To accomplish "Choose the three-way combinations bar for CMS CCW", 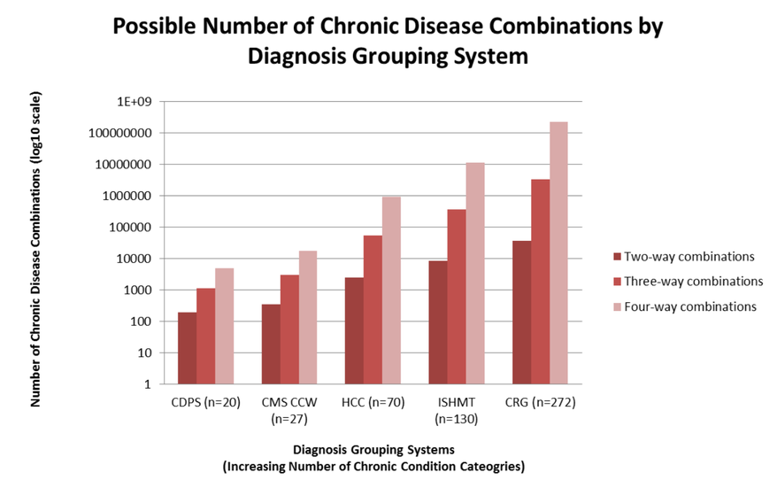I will (290, 329).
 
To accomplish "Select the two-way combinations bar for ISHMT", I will (436, 322).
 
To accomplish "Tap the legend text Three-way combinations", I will (693, 282).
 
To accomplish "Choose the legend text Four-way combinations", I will (690, 306).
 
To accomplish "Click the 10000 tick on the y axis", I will (132, 259).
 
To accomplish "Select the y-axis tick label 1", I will (147, 384).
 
